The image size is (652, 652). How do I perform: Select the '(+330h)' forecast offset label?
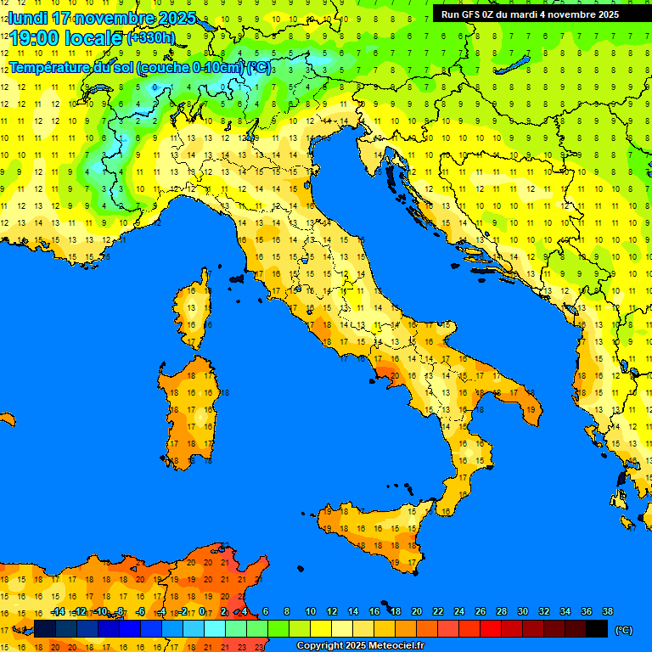(150, 38)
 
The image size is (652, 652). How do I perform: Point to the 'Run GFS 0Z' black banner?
(530, 14)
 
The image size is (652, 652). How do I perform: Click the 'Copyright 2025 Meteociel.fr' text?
(360, 645)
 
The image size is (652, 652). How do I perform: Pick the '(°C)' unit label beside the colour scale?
(623, 629)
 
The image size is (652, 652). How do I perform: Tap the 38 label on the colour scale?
(607, 611)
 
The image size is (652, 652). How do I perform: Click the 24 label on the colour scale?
(458, 611)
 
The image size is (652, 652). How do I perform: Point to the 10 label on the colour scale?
(310, 611)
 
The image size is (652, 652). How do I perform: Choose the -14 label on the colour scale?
(58, 611)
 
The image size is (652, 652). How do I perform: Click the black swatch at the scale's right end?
(597, 628)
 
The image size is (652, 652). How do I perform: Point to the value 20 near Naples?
(394, 374)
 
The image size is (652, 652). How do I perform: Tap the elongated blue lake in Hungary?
(514, 66)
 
